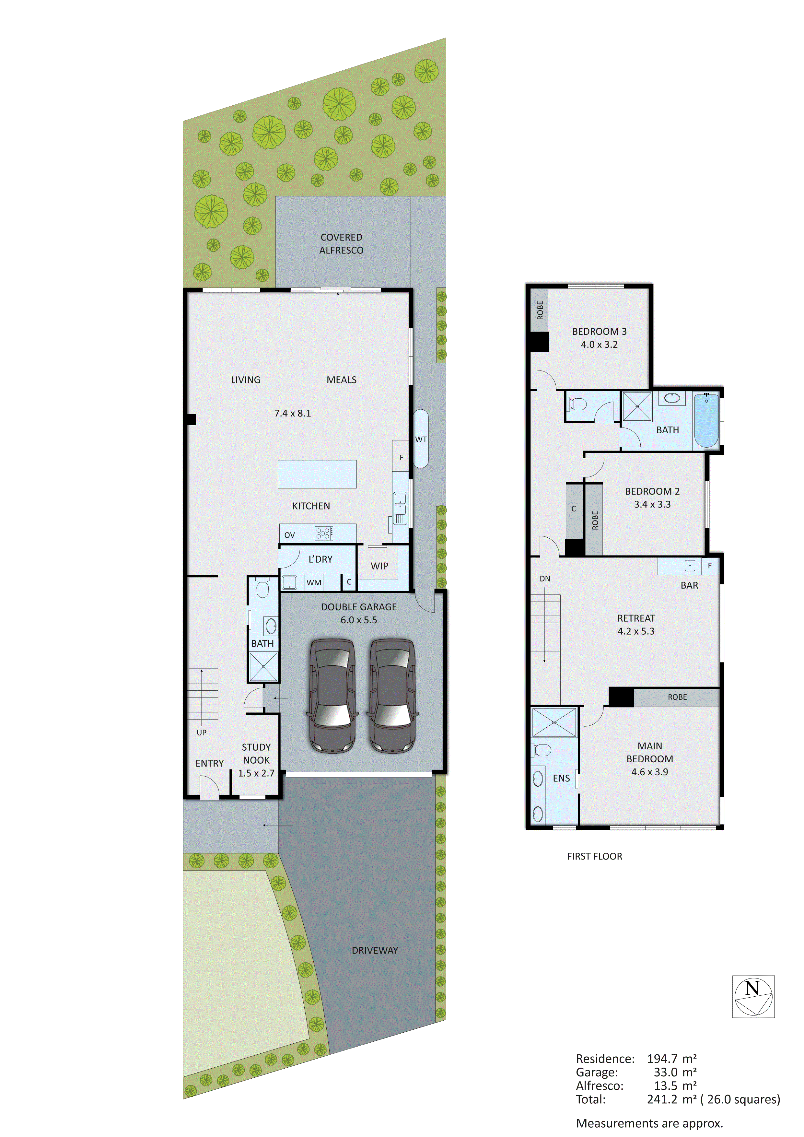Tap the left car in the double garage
tap(332, 696)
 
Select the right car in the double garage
tap(392, 696)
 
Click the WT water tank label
tap(421, 439)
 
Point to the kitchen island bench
tap(317, 474)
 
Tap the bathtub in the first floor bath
tap(706, 420)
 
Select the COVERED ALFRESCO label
tap(341, 244)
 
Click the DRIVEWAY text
tap(375, 950)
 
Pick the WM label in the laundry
tap(314, 583)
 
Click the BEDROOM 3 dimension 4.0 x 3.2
tap(599, 345)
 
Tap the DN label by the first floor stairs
tap(544, 579)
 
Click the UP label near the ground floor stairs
tap(202, 733)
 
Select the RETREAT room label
tap(636, 618)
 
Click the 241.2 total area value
tap(662, 1099)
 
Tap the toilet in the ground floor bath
tap(262, 589)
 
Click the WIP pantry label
tap(379, 566)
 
